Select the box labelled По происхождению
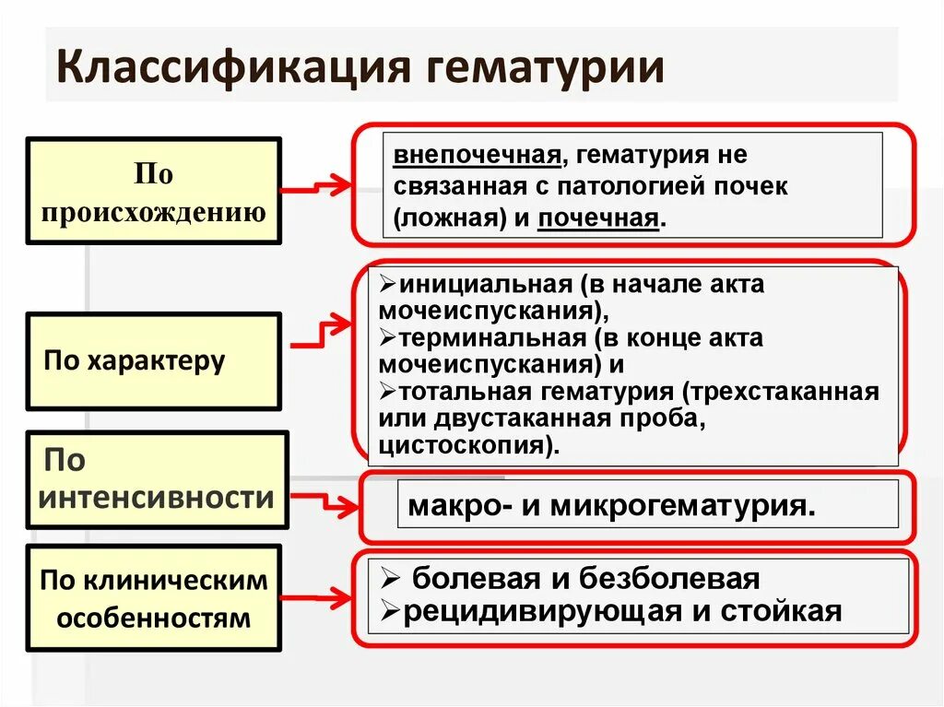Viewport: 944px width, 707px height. pyautogui.click(x=154, y=192)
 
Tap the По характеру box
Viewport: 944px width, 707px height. pyautogui.click(x=154, y=360)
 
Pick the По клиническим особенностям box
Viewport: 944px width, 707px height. pyautogui.click(x=154, y=598)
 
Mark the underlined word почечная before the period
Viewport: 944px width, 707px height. pyautogui.click(x=599, y=219)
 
